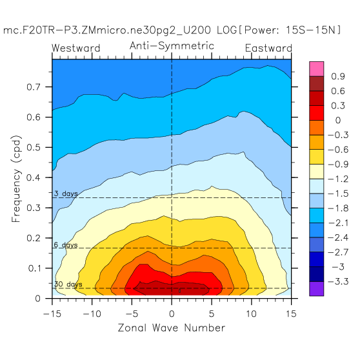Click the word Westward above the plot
(75, 48)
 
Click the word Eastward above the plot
(268, 48)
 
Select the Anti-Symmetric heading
(172, 46)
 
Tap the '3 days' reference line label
(66, 194)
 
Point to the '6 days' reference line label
(66, 245)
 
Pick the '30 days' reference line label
(68, 285)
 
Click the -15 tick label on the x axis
(52, 314)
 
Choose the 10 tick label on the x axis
(252, 314)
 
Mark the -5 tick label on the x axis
(132, 314)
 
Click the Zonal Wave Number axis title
(172, 328)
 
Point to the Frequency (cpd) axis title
(16, 179)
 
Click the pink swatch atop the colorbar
(316, 69)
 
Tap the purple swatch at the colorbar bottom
(316, 288)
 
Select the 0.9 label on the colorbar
(338, 77)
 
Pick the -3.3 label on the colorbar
(338, 281)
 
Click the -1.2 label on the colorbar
(338, 179)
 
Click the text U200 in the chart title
(197, 30)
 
